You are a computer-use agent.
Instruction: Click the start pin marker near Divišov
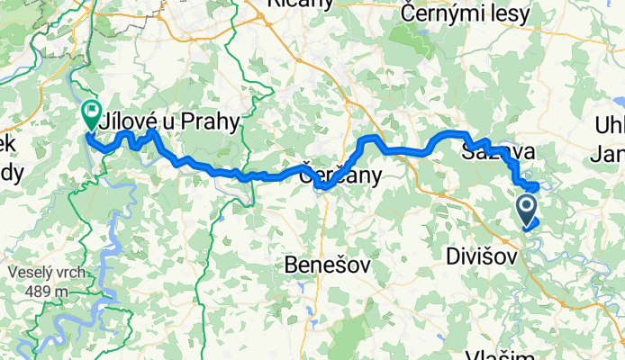(528, 209)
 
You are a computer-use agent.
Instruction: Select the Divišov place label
(482, 257)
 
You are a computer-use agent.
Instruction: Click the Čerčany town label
(340, 171)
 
